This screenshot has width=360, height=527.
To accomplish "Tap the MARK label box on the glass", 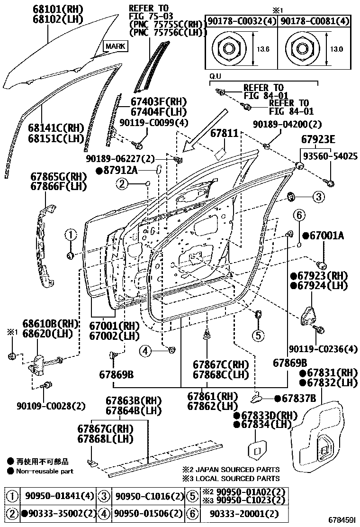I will pos(115,46).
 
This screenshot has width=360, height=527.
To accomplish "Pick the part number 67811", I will pos(223,134).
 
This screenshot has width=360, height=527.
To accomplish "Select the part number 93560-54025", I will pos(330,156).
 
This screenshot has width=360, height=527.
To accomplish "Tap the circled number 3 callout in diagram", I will pos(318,196).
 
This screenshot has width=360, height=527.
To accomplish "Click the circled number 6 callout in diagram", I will pos(299,215).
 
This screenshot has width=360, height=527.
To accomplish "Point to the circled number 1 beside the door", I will pos(70,235).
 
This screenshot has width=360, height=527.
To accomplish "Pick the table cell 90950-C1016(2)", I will pos(144,497).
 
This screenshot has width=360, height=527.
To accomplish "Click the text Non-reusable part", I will pos(45,471).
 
